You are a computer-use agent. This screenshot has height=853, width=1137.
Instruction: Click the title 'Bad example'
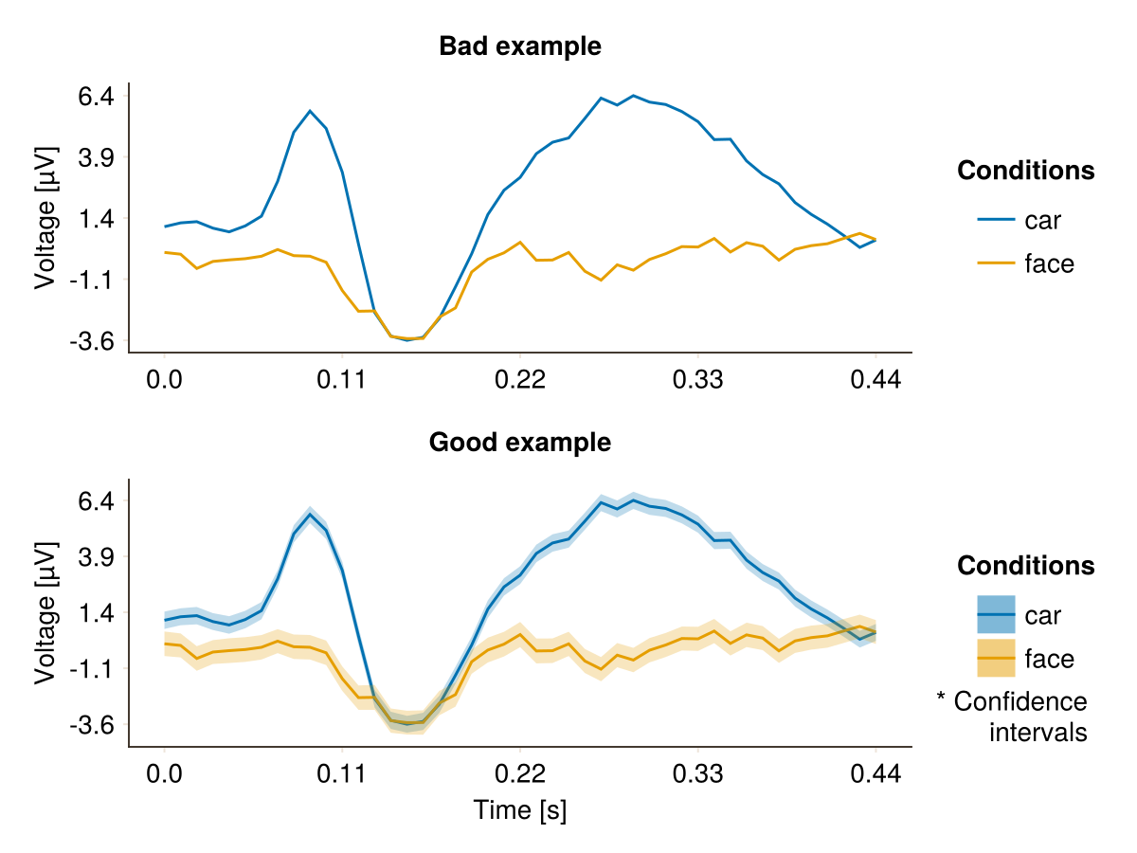(x=520, y=45)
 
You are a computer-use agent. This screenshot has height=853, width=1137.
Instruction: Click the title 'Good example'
(x=520, y=442)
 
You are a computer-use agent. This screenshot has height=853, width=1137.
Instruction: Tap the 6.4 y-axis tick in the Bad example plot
(x=95, y=96)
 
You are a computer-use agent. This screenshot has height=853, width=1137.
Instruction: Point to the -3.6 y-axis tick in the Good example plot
(x=91, y=725)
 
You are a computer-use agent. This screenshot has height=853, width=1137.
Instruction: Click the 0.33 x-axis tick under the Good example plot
(x=697, y=775)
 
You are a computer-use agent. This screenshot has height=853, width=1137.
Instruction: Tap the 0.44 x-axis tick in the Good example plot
(x=875, y=775)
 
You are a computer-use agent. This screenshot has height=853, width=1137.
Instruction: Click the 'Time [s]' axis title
(x=520, y=810)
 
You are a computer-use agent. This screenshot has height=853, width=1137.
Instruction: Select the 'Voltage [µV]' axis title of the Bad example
(x=45, y=217)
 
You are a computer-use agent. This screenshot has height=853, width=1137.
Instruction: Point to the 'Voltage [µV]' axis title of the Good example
(x=45, y=612)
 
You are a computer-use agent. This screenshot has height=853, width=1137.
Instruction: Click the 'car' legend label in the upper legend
(x=1043, y=221)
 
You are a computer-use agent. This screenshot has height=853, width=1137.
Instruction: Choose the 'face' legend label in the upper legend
(x=1050, y=263)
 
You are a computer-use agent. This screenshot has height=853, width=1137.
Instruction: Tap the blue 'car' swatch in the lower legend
(x=996, y=615)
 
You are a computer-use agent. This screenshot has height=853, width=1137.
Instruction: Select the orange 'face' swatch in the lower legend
(x=996, y=659)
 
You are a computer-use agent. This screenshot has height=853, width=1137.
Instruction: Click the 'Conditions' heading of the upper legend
(x=1026, y=171)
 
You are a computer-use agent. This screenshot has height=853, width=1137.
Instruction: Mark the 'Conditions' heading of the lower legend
(x=1026, y=566)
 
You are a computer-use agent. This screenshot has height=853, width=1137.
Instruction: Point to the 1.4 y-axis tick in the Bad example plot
(x=95, y=218)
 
